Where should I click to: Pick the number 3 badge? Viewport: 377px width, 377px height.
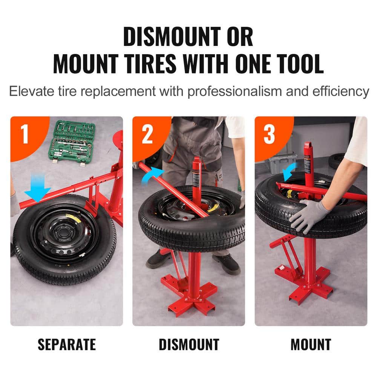[269, 134]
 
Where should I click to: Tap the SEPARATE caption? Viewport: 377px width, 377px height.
[67, 344]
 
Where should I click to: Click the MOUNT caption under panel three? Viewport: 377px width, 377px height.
[311, 344]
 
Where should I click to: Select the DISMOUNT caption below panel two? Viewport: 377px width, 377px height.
[188, 344]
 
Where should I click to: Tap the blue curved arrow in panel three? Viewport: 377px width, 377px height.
[290, 172]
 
